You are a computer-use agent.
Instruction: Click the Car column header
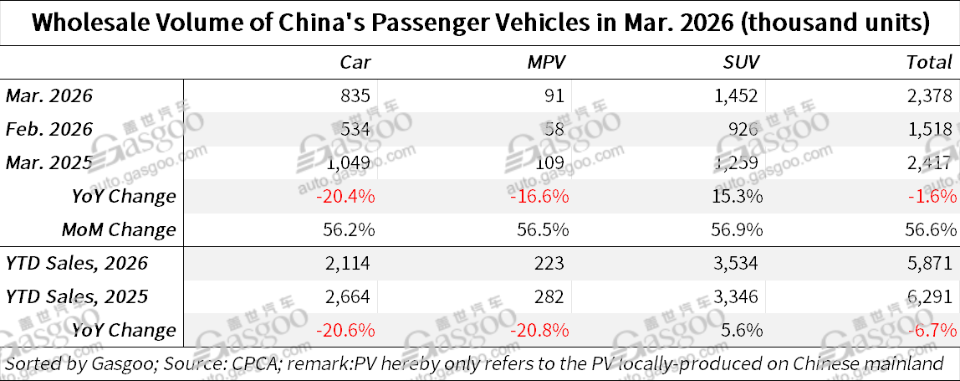click(x=355, y=62)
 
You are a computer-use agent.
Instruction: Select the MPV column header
click(x=548, y=62)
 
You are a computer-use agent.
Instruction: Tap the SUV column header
click(x=742, y=62)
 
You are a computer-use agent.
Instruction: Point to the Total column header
click(x=929, y=62)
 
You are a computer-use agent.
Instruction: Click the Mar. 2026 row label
click(x=49, y=95)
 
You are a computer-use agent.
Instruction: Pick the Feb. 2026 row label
click(x=49, y=129)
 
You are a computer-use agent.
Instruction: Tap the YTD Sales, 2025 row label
click(x=77, y=296)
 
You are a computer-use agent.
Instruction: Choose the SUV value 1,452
click(x=738, y=95)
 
